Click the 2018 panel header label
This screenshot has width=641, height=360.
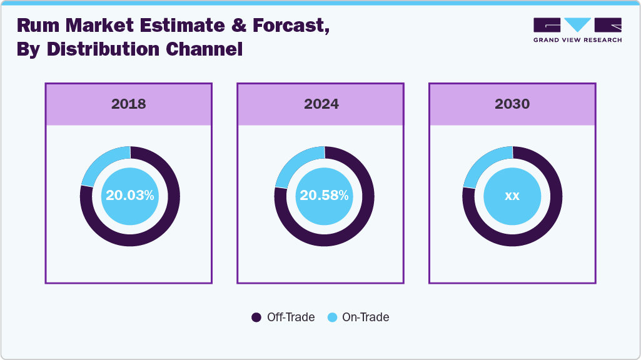(x=129, y=104)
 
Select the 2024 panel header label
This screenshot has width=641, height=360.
(x=321, y=104)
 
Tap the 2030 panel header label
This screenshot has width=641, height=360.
(x=512, y=104)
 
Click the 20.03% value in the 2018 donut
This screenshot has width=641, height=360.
(x=130, y=196)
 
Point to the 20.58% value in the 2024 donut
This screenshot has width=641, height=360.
(x=324, y=196)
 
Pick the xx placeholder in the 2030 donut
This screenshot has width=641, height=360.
(x=512, y=196)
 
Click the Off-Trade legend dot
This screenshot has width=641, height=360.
(x=256, y=317)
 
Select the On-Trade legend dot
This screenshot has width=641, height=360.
(x=332, y=317)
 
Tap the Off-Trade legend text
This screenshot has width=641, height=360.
(x=291, y=317)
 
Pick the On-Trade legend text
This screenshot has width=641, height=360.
(x=366, y=317)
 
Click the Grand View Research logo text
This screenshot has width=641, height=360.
(x=577, y=40)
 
